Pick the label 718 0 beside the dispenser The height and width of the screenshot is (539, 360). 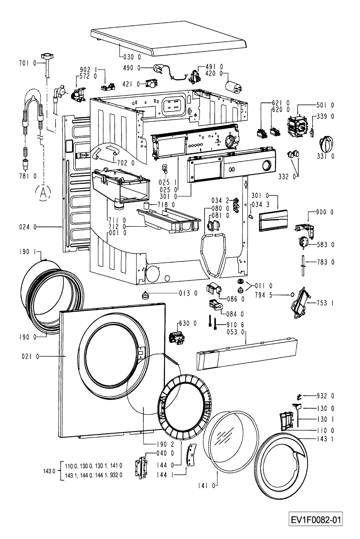click(x=166, y=205)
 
